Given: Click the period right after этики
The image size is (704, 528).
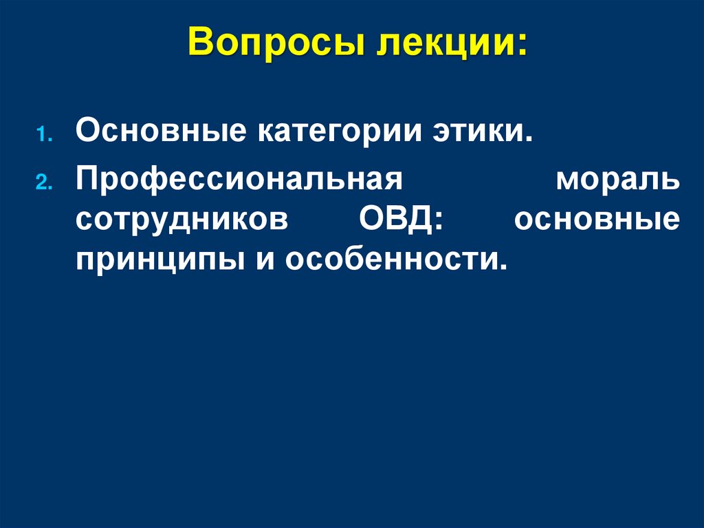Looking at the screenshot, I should click(x=530, y=137).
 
